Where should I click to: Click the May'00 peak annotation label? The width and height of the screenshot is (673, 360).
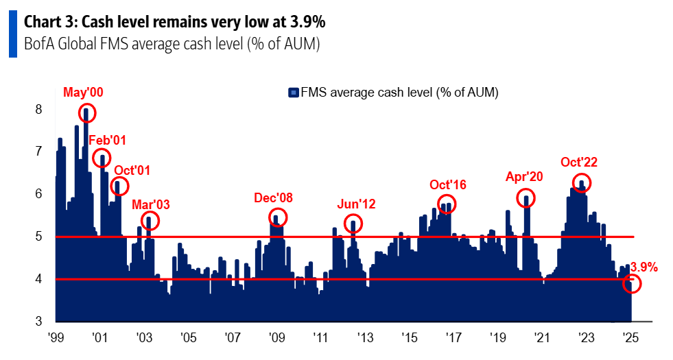click(84, 92)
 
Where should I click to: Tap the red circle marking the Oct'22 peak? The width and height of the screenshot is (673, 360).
click(582, 182)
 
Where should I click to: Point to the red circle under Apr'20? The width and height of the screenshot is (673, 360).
click(526, 198)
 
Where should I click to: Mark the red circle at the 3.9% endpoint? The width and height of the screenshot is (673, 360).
click(632, 283)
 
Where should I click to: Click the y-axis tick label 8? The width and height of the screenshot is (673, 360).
click(39, 109)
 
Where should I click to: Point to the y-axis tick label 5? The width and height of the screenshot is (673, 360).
click(39, 237)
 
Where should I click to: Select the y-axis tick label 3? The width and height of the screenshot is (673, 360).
click(39, 321)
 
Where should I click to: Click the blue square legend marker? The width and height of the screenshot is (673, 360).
click(293, 92)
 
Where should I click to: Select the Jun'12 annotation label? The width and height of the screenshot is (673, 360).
click(356, 204)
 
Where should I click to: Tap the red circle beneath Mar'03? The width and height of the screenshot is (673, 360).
click(150, 220)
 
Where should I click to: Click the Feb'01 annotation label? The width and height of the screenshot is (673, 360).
click(108, 140)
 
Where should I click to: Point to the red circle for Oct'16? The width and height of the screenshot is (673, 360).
click(447, 204)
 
